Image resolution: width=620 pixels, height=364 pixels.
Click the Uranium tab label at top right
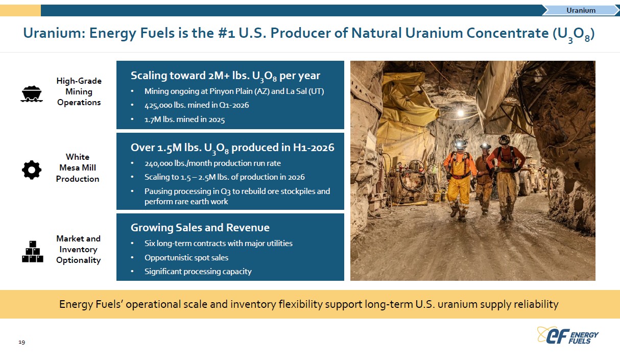[581, 10]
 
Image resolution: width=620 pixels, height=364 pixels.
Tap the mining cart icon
[32, 93]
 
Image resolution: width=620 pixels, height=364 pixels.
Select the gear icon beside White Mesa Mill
[32, 170]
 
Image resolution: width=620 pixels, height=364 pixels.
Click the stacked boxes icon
[32, 251]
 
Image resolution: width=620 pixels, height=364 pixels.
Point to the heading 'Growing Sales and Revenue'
[200, 227]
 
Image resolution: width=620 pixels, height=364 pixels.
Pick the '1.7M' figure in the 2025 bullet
[153, 119]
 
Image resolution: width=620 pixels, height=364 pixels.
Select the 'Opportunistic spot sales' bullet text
[186, 257]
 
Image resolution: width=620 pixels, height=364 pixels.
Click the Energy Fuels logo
[567, 335]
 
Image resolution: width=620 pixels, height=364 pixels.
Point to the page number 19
[21, 342]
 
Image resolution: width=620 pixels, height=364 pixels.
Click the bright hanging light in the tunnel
[460, 113]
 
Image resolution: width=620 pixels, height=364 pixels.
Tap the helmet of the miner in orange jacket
[460, 144]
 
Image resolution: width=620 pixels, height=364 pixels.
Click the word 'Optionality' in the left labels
[78, 260]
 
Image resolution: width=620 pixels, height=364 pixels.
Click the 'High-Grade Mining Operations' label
[79, 91]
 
